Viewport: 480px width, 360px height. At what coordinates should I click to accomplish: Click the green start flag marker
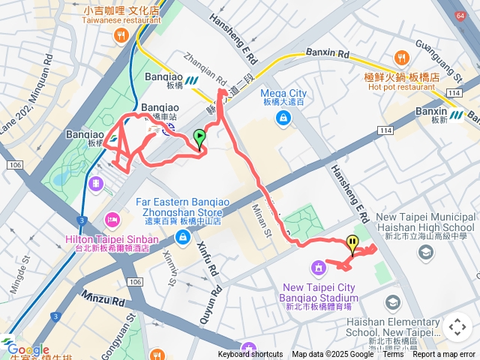point(199,137)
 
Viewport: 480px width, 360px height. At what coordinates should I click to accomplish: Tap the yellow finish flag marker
point(352,243)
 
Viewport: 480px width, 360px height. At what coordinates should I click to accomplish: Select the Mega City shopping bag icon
point(283,117)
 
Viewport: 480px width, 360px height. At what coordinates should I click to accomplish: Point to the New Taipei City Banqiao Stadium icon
point(318,267)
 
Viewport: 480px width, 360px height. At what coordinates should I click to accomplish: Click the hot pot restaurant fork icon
point(401,57)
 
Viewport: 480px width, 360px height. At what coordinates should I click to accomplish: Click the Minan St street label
point(265,220)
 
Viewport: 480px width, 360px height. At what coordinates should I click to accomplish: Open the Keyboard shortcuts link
point(250,355)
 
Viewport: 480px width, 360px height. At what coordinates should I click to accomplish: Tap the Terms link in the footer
point(393,355)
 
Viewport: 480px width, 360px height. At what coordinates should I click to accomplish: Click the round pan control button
point(457,327)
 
